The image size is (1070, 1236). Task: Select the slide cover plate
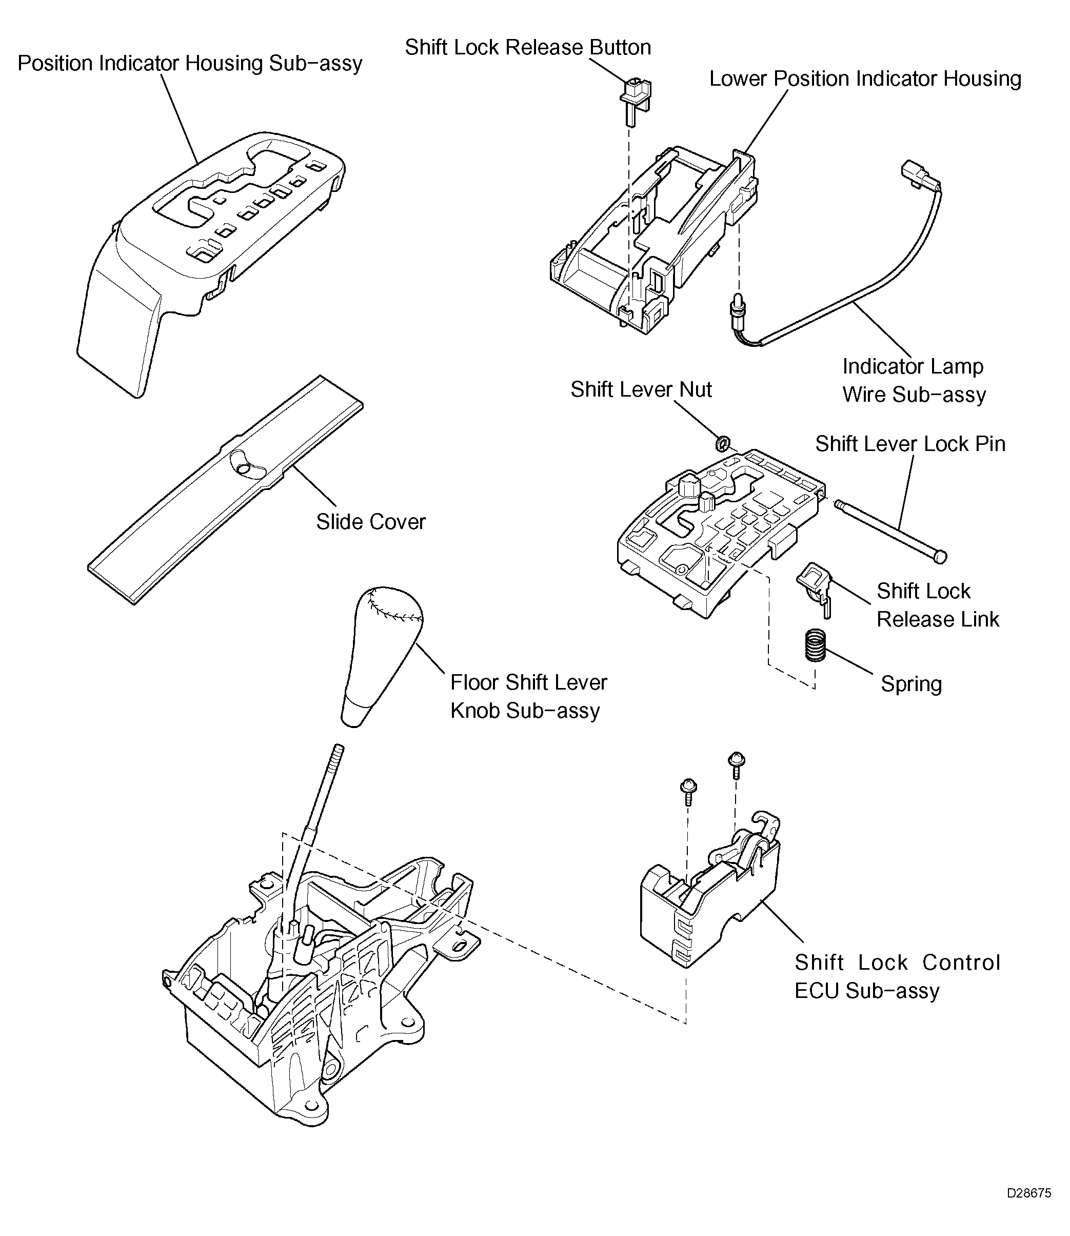(226, 489)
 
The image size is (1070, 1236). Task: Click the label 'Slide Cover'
(371, 522)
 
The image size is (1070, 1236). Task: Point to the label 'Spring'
(911, 684)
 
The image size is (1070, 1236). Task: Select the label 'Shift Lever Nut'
(641, 389)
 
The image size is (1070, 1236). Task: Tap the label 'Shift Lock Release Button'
(528, 47)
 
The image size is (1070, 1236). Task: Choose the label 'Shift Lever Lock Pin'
(910, 444)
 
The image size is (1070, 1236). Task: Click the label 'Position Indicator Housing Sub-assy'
(190, 63)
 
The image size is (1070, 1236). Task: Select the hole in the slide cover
(244, 469)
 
